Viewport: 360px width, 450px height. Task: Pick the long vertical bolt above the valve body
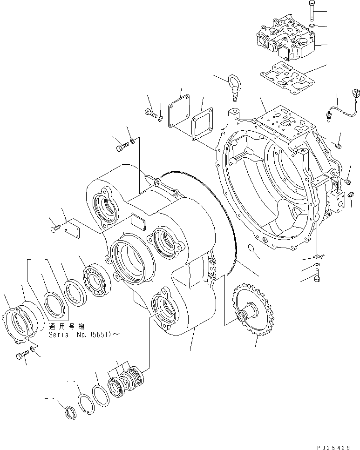pos(312,10)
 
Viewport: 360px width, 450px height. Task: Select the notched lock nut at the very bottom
pos(69,412)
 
